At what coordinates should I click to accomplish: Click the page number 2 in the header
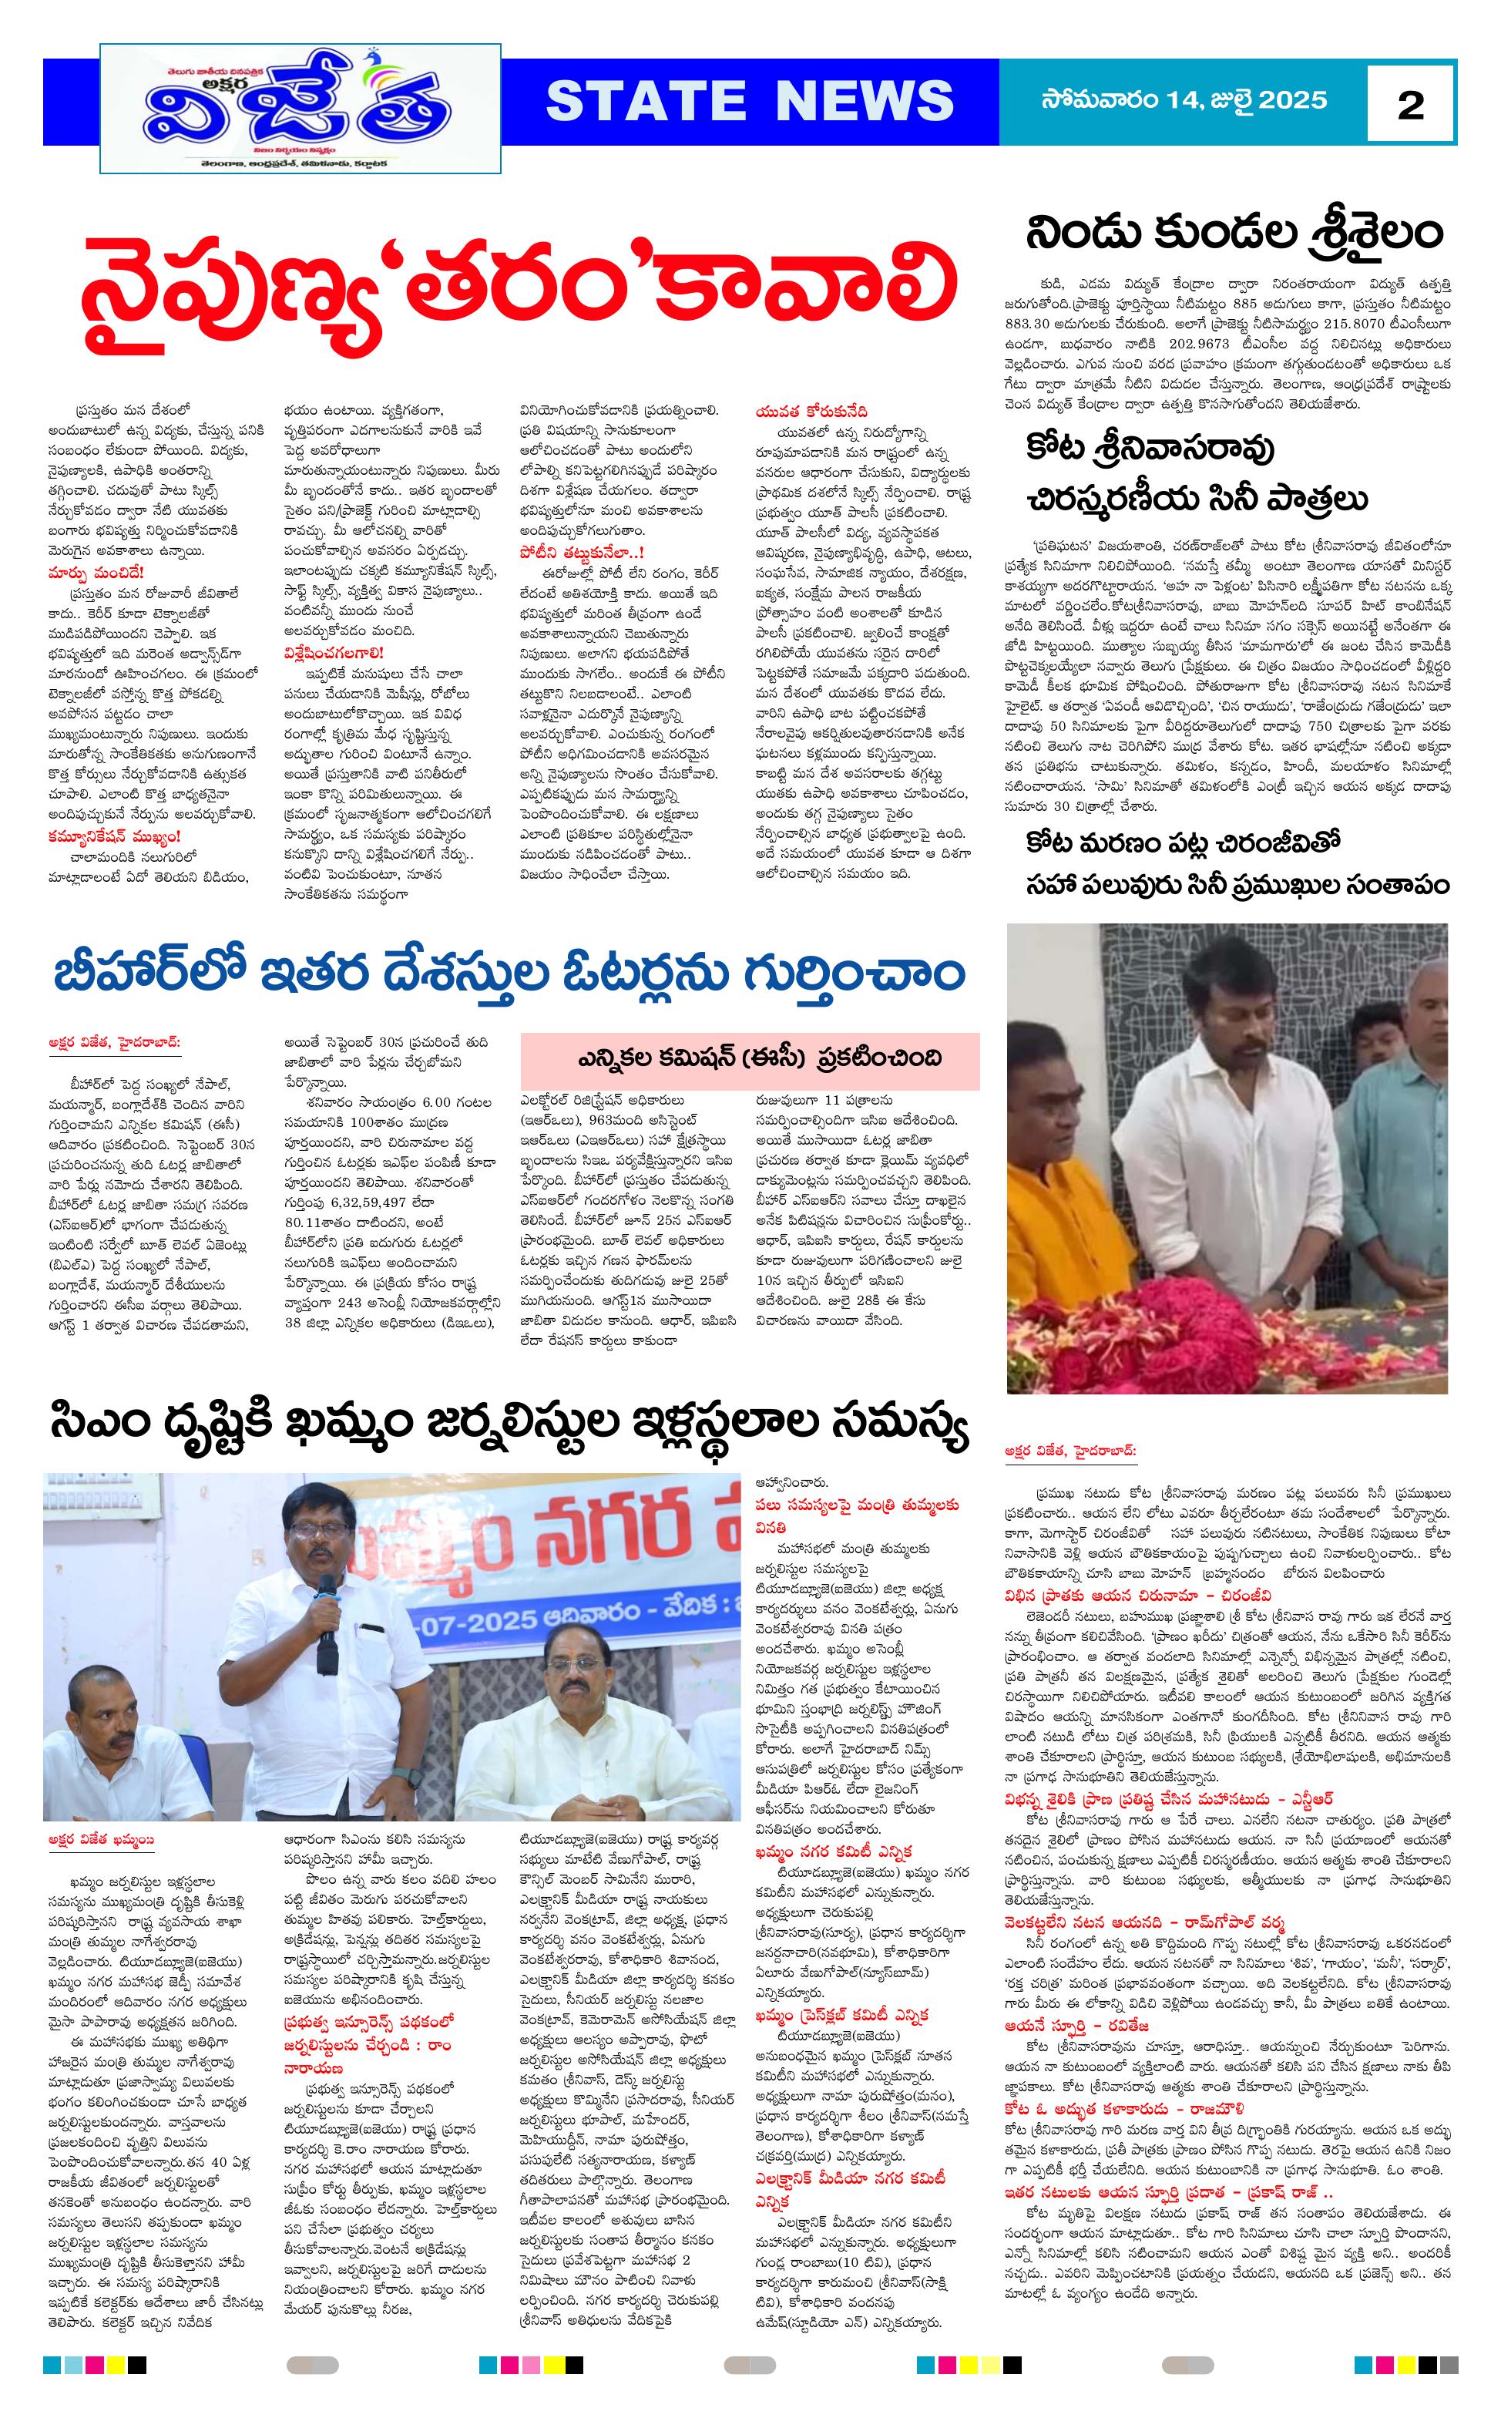click(x=1409, y=104)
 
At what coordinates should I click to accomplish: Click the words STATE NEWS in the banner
click(x=750, y=101)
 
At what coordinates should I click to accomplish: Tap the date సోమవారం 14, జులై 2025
click(x=1184, y=100)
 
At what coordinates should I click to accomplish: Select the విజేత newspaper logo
click(x=300, y=108)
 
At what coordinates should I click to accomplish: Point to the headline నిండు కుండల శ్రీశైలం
click(x=1233, y=234)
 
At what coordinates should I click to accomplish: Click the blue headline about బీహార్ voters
click(x=510, y=974)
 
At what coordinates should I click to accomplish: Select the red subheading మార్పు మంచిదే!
click(x=96, y=572)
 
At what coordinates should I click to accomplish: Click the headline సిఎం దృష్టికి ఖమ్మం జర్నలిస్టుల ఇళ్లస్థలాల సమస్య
click(x=510, y=1425)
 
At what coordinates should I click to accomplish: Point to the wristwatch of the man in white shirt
click(x=1288, y=1295)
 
